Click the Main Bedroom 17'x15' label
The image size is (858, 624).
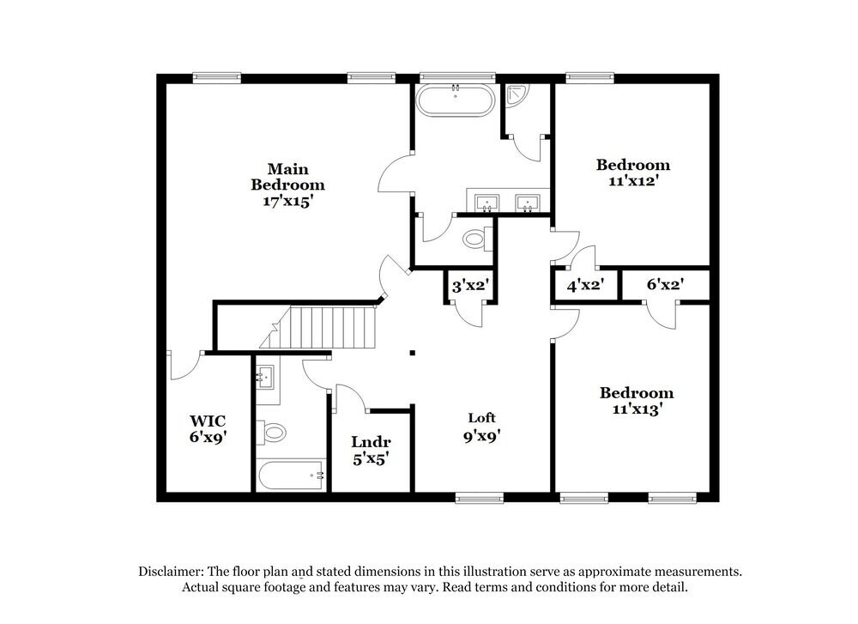click(287, 185)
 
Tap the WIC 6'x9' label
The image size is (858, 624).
click(208, 428)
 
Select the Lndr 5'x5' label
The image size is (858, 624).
click(371, 450)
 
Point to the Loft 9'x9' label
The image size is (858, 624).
click(481, 426)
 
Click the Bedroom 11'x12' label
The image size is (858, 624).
click(633, 173)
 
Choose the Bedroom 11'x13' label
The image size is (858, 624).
click(636, 401)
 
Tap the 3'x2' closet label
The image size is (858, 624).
click(470, 286)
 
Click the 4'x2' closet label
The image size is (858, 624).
click(585, 286)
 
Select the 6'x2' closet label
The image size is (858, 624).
click(664, 286)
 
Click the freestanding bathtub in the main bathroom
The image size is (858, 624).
click(455, 101)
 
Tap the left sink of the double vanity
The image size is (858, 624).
click(487, 203)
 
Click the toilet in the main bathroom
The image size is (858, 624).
click(474, 239)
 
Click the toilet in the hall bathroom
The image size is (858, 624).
click(273, 432)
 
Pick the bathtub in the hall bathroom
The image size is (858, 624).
click(290, 474)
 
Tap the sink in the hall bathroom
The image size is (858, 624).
click(266, 376)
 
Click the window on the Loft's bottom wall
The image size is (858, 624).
click(479, 497)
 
